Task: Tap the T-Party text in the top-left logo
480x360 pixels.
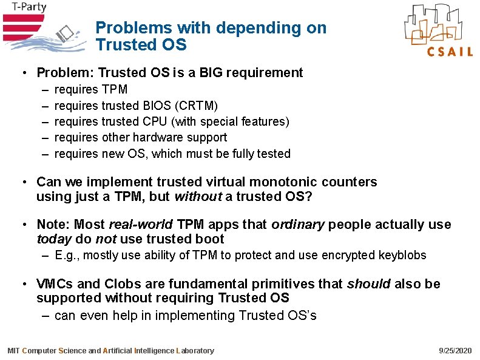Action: click(24, 8)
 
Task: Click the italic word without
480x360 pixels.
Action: click(195, 197)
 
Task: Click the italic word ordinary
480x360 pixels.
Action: click(297, 225)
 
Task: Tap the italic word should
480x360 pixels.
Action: click(370, 284)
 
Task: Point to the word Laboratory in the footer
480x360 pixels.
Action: click(194, 351)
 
